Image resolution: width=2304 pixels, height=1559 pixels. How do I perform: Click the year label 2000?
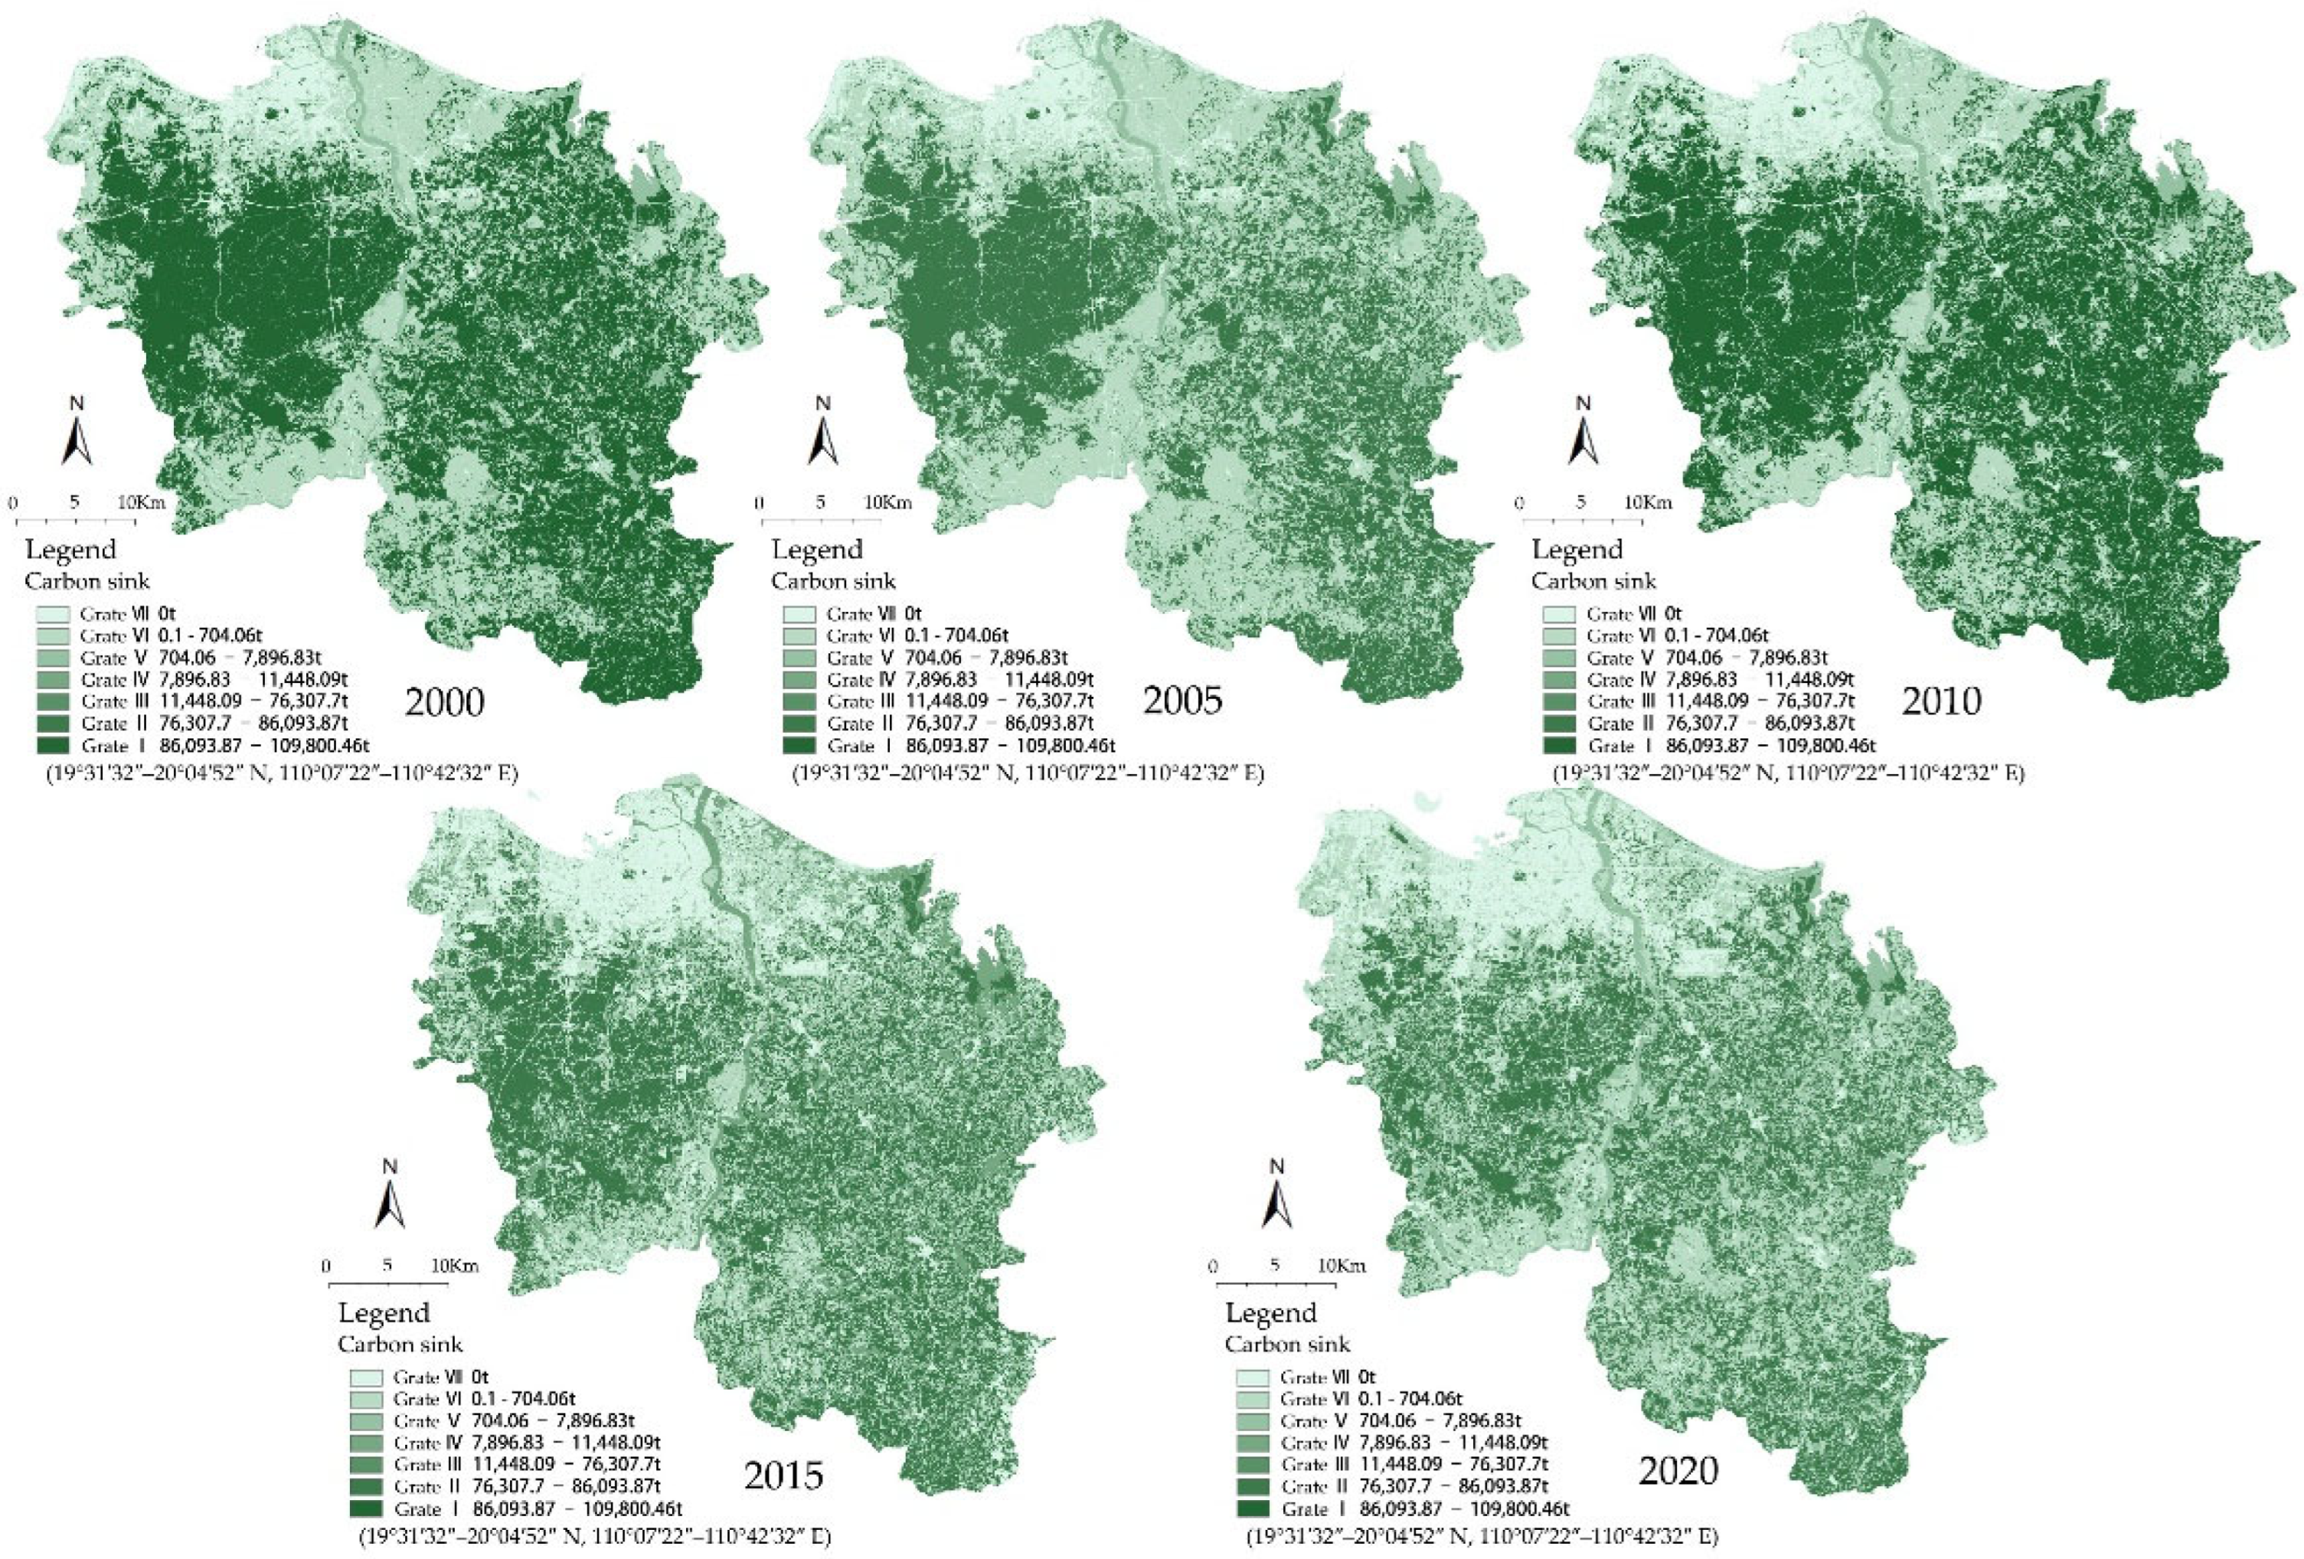(444, 701)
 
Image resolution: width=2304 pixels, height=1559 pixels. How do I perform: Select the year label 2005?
(1183, 700)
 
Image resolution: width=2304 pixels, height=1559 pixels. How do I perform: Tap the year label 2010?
(1941, 701)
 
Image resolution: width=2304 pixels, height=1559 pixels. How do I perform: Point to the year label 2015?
(783, 1476)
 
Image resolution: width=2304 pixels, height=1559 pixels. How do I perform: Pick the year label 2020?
(1678, 1471)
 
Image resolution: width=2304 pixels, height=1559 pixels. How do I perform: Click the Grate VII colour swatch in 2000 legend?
(51, 614)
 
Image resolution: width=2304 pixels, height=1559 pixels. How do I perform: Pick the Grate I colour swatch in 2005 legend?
(798, 745)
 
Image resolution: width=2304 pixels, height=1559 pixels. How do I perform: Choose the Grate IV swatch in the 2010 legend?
(1558, 680)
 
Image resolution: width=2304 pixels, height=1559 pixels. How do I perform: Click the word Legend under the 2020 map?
(1271, 1312)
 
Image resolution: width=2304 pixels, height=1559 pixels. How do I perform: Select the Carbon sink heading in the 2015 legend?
(400, 1344)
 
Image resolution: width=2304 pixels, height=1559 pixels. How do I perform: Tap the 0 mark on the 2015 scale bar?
(326, 1266)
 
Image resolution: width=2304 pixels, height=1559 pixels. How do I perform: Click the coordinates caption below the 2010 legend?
(1787, 773)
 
